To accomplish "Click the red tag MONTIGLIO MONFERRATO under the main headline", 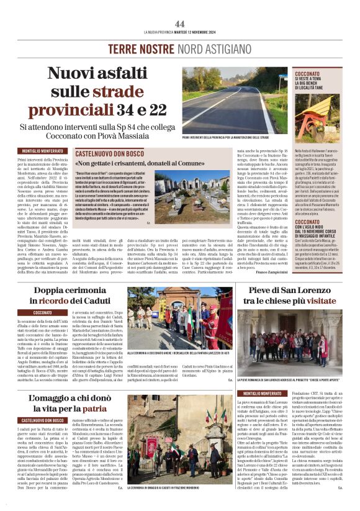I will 43,151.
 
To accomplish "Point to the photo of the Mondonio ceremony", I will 181,450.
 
